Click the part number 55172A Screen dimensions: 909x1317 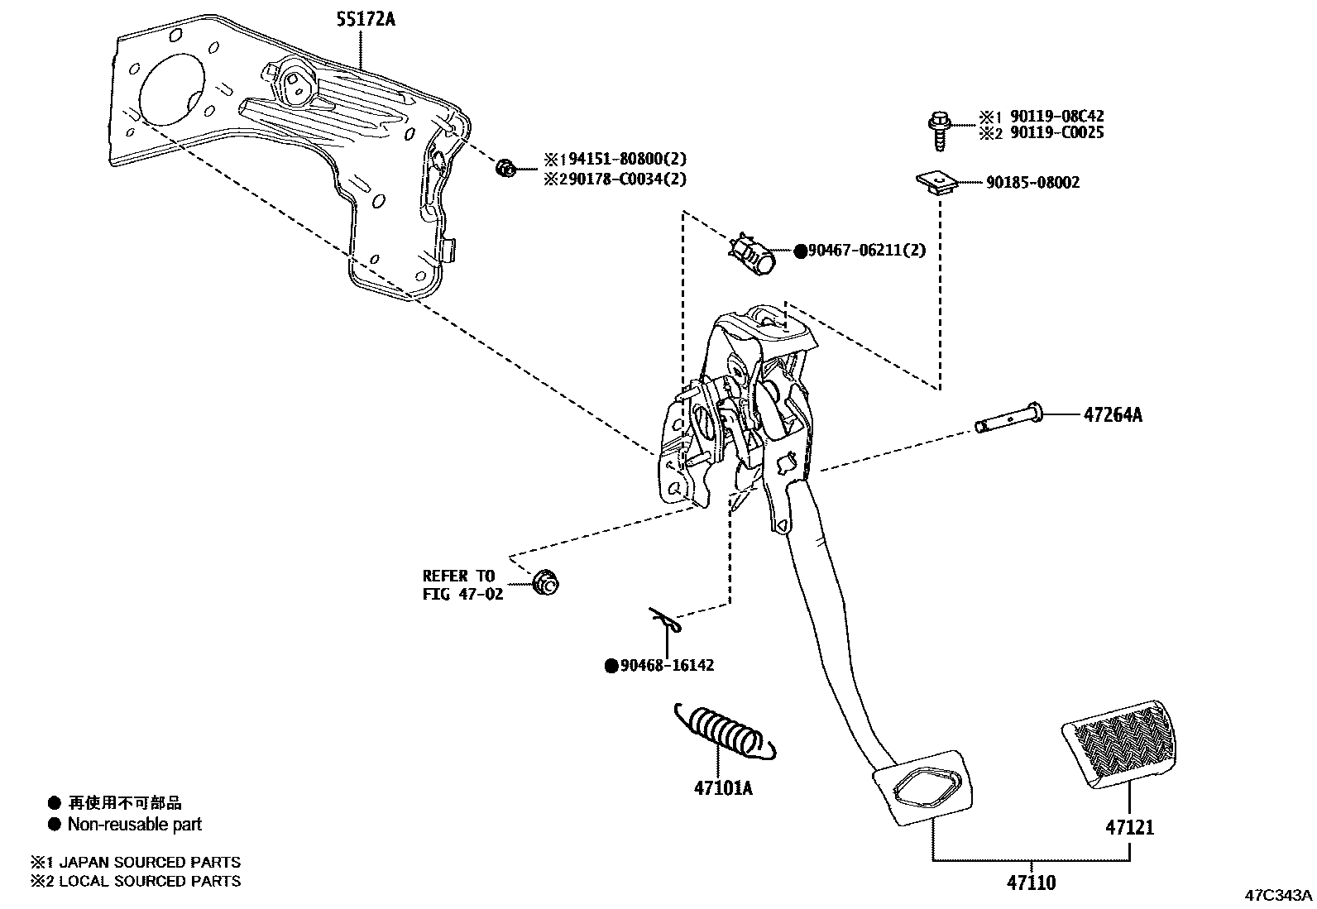point(365,18)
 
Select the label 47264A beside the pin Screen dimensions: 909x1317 point(1112,415)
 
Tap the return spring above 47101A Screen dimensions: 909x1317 point(726,730)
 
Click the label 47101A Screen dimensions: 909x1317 point(723,788)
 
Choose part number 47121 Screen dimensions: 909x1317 point(1129,826)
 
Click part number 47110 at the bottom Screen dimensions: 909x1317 point(1031,883)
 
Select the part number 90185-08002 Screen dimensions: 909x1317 point(1032,183)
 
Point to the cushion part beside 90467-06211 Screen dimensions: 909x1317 point(754,252)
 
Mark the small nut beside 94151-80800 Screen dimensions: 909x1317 point(505,169)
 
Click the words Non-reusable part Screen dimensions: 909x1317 point(134,824)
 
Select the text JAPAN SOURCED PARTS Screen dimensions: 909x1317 point(150,862)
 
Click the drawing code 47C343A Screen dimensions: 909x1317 point(1279,895)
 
